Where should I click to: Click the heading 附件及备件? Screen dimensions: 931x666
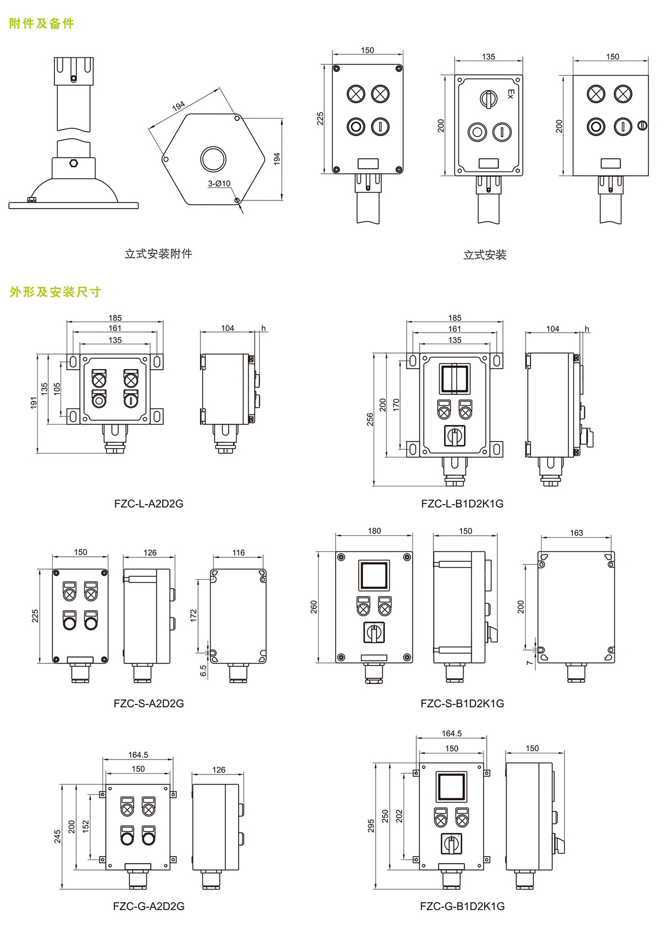coord(42,23)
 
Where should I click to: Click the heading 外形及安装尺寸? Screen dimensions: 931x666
coord(55,292)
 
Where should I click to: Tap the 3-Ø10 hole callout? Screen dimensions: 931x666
coord(219,183)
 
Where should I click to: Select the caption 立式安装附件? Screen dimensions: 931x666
coord(158,254)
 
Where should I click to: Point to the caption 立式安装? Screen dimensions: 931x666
coord(485,255)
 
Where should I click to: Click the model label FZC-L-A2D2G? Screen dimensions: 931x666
coord(148,504)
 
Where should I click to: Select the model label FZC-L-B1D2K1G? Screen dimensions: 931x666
coord(462,504)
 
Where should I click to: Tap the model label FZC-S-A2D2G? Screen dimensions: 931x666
coord(148,703)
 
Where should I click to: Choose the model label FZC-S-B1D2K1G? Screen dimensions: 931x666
coord(462,703)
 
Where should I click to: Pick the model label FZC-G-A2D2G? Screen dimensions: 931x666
coord(148,906)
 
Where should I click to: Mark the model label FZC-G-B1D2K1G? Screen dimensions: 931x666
coord(462,906)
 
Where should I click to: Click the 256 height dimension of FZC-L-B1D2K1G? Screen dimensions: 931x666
coord(370,419)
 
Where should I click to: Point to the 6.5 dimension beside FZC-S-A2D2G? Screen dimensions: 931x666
coord(203,671)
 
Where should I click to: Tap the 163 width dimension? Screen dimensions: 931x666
coord(576,533)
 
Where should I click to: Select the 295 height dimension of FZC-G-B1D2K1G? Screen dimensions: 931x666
coord(371,826)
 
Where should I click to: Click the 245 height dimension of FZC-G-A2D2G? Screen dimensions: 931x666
coord(58,836)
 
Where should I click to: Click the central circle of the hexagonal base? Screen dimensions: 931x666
coord(213,159)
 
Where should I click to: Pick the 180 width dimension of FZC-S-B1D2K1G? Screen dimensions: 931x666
coord(374,531)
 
